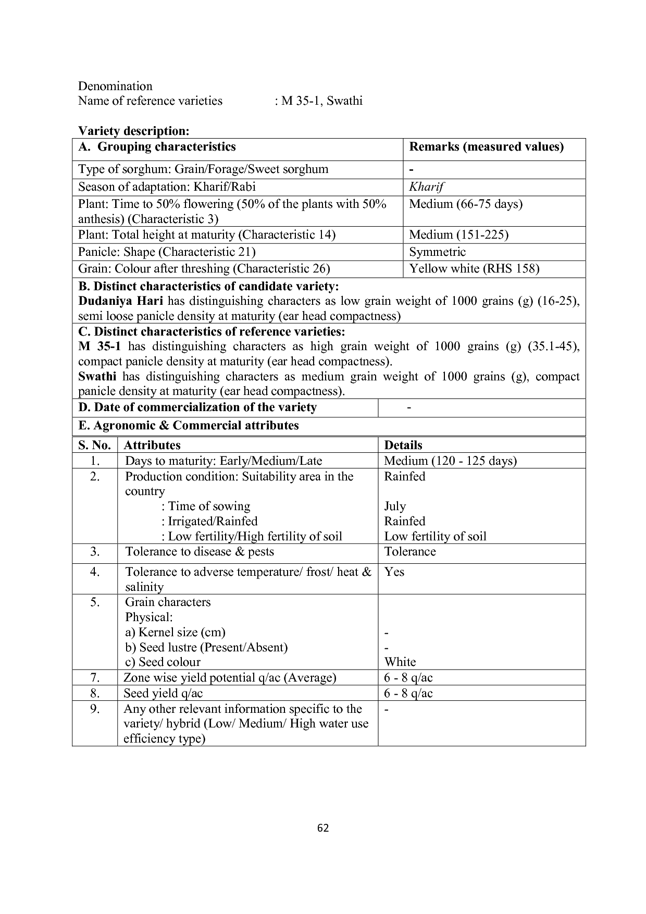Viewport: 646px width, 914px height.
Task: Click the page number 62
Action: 323,828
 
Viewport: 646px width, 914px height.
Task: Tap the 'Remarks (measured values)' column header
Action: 487,147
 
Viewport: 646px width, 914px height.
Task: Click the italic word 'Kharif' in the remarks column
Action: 426,187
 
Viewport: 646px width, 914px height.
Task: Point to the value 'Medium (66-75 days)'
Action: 466,204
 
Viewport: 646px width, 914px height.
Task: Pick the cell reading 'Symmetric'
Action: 438,252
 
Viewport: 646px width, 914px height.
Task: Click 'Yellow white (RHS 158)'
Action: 474,269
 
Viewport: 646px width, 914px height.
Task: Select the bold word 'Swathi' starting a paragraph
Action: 97,377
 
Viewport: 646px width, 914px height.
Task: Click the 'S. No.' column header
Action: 95,446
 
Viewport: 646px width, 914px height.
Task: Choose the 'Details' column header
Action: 403,446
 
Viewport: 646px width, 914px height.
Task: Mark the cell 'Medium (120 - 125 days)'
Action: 450,461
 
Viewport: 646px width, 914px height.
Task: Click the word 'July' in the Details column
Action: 395,507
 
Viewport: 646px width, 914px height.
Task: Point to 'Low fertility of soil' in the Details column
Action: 435,537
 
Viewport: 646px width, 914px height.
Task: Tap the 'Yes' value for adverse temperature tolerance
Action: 394,572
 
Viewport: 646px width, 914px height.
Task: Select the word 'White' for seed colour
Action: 400,662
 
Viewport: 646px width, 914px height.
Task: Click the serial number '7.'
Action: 95,678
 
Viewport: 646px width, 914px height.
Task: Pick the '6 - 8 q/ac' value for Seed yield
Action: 408,694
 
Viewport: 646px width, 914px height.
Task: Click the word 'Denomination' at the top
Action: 115,87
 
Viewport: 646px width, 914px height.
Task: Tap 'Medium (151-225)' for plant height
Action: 458,235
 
